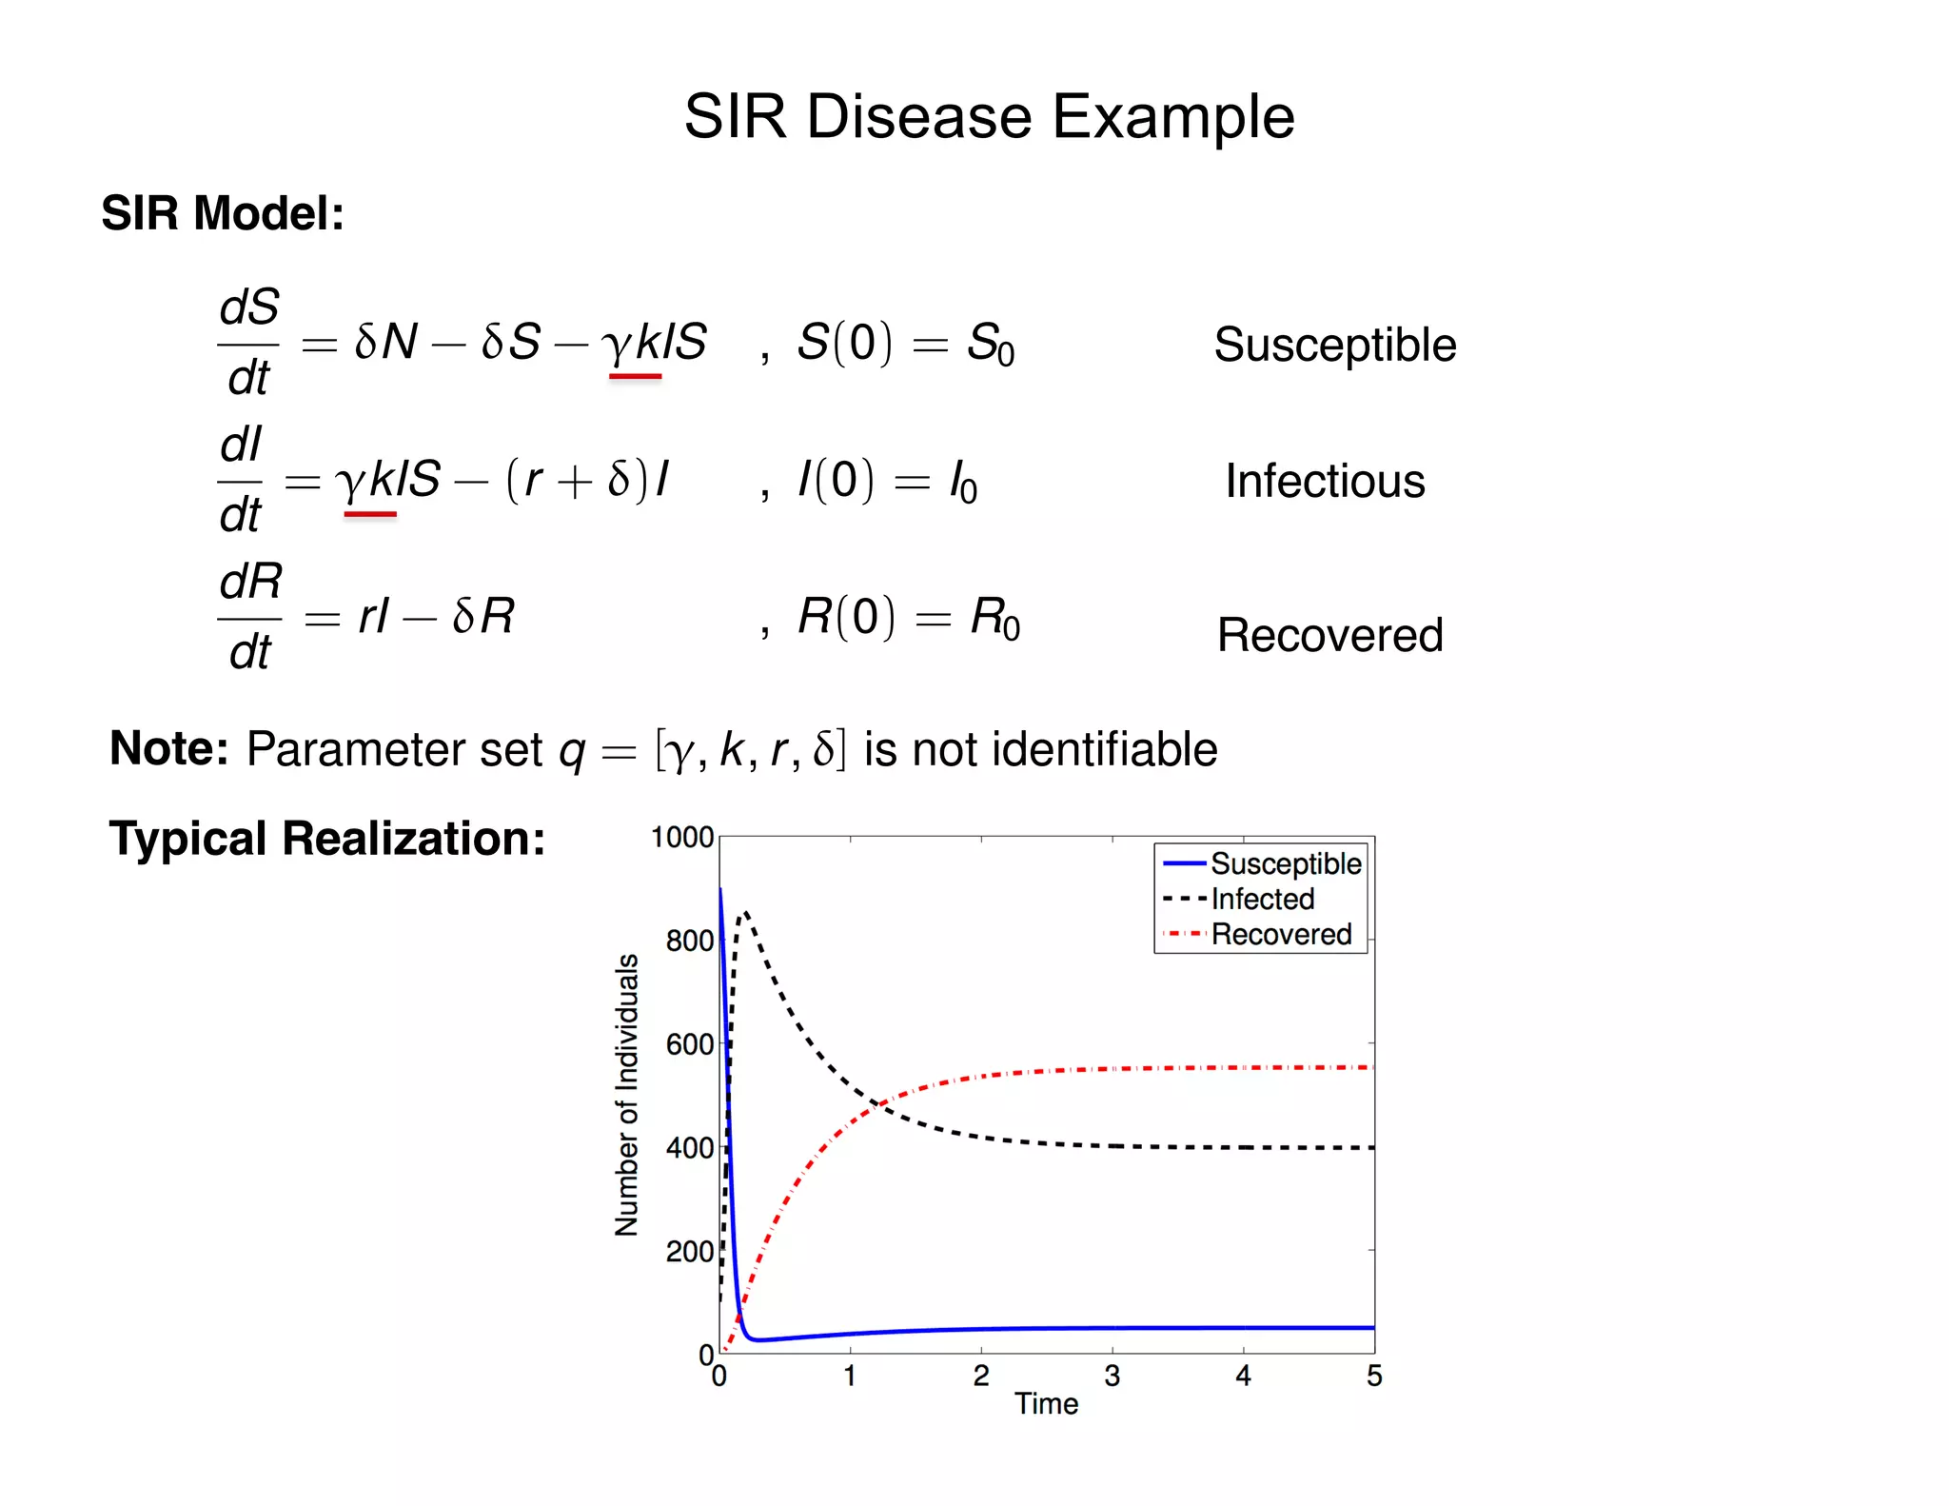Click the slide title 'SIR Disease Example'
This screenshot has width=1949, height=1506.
pyautogui.click(x=989, y=117)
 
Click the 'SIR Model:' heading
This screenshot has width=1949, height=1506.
pyautogui.click(x=223, y=213)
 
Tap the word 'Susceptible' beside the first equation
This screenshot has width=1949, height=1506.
pyautogui.click(x=1334, y=345)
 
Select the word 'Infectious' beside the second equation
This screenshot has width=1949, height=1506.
pyautogui.click(x=1325, y=481)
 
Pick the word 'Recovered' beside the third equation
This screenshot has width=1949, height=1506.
pyautogui.click(x=1329, y=635)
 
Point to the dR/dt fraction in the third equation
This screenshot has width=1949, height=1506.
pyautogui.click(x=250, y=617)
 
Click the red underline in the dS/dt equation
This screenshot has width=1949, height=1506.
pyautogui.click(x=635, y=377)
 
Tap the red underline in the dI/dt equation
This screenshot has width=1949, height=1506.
pyautogui.click(x=370, y=514)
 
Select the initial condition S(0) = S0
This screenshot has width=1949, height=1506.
pyautogui.click(x=905, y=344)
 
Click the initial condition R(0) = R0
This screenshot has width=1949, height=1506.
pyautogui.click(x=908, y=617)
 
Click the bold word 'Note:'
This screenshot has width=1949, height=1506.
pyautogui.click(x=169, y=748)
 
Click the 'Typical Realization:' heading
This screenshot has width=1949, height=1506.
pyautogui.click(x=327, y=839)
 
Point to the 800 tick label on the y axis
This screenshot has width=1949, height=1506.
pyautogui.click(x=689, y=941)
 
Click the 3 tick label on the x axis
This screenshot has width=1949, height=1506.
pyautogui.click(x=1112, y=1376)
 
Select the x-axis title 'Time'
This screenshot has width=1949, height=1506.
pyautogui.click(x=1046, y=1404)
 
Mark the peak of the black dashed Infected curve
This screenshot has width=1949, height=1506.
pyautogui.click(x=746, y=913)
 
